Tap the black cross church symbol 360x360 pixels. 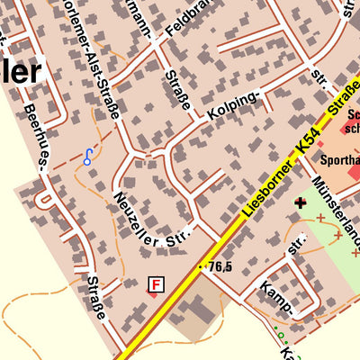[300, 202]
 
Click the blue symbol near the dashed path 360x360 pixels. [87, 157]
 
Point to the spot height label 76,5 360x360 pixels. [220, 266]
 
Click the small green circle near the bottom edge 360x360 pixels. [280, 336]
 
